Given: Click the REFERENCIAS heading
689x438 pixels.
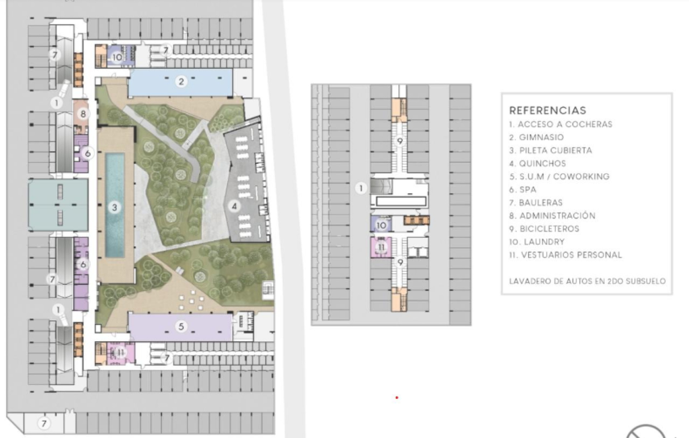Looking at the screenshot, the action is click(x=547, y=110).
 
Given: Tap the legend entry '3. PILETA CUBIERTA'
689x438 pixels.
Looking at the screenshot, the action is click(x=550, y=150).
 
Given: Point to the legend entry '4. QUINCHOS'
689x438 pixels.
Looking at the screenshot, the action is click(x=537, y=163).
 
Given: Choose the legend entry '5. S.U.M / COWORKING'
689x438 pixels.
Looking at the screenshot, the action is click(x=559, y=176).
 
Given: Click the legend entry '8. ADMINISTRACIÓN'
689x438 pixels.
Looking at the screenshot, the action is click(x=552, y=216).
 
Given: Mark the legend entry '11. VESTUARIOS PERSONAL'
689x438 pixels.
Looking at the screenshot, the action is click(x=565, y=255).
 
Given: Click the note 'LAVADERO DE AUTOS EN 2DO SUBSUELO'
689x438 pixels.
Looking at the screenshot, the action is click(x=587, y=281).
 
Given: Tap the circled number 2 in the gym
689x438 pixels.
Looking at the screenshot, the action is click(x=181, y=82).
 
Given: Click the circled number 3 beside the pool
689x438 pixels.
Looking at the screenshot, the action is click(x=114, y=207).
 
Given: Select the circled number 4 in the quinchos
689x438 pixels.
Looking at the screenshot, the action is click(x=234, y=206).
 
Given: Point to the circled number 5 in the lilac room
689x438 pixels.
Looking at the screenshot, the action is click(x=181, y=326).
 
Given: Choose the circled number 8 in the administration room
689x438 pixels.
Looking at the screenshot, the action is click(x=83, y=114).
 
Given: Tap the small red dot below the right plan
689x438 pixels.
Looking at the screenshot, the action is click(x=397, y=398).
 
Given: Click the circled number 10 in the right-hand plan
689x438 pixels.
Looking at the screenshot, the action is click(x=381, y=225).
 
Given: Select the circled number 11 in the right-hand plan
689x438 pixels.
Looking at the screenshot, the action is click(x=381, y=247).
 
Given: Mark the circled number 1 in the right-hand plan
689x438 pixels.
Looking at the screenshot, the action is click(x=361, y=188).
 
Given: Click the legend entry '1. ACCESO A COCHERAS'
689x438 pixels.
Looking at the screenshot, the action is click(x=561, y=124).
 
